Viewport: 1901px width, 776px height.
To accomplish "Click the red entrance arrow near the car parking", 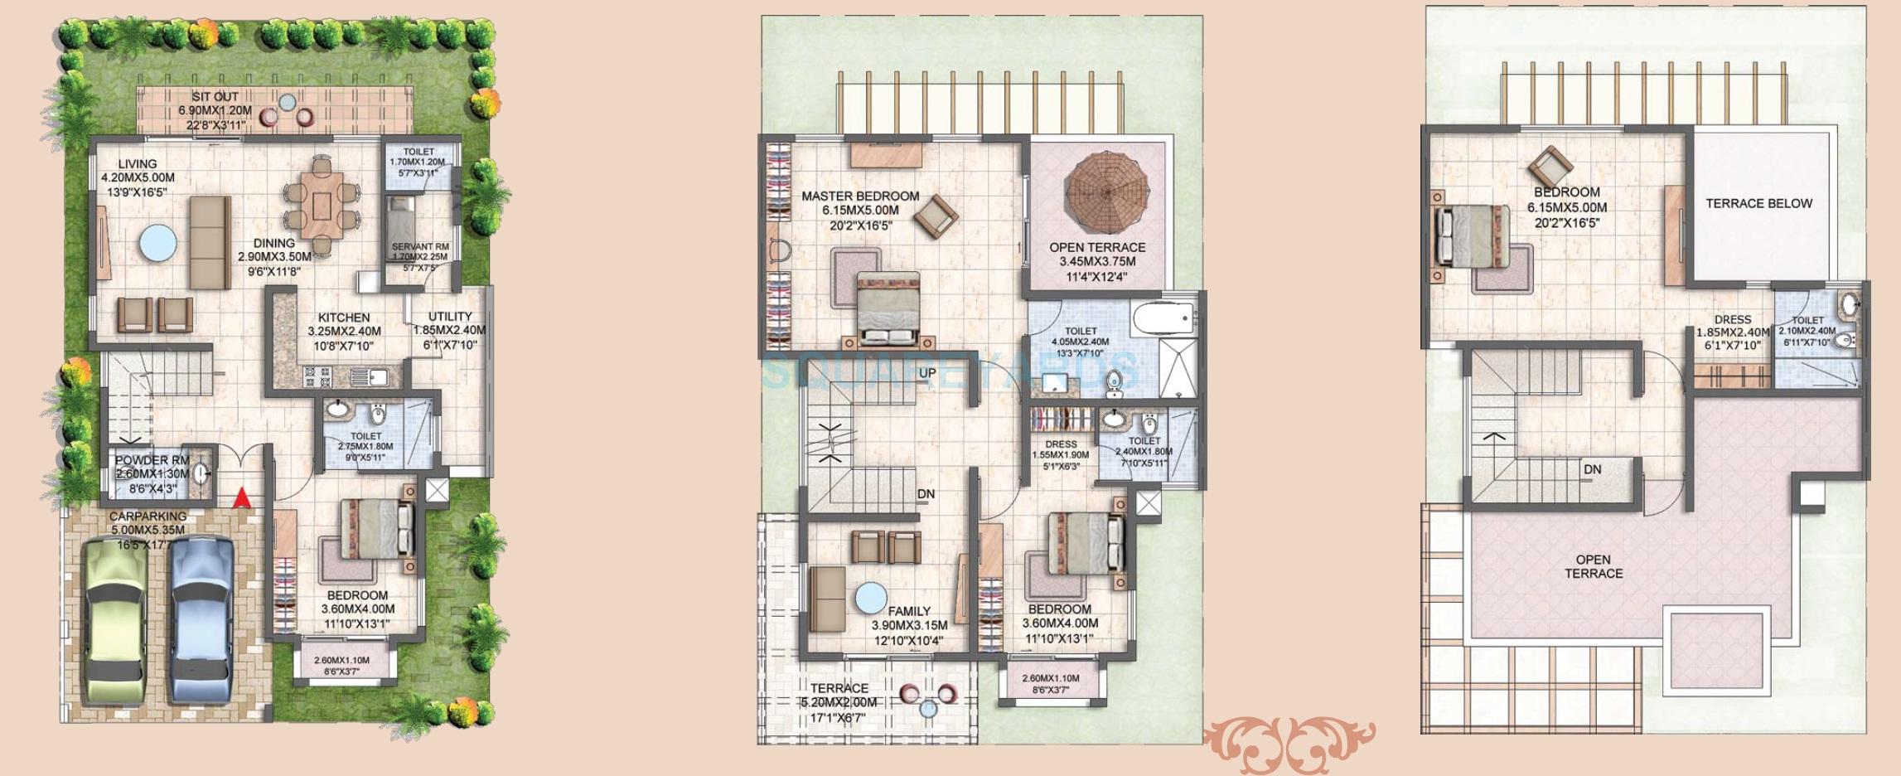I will pyautogui.click(x=241, y=498).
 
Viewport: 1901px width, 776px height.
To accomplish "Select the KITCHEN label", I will pyautogui.click(x=344, y=318).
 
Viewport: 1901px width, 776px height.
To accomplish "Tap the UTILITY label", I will pyautogui.click(x=450, y=317).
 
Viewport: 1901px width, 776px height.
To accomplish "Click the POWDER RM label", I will pyautogui.click(x=152, y=460).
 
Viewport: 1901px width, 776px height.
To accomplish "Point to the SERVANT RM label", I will pyautogui.click(x=420, y=247).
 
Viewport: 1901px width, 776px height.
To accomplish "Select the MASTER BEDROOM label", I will pyautogui.click(x=860, y=196).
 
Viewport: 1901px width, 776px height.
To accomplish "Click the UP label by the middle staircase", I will pyautogui.click(x=927, y=373).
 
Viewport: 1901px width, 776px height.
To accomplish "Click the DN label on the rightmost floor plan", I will pyautogui.click(x=1592, y=469).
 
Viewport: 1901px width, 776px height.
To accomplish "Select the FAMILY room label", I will pyautogui.click(x=909, y=611).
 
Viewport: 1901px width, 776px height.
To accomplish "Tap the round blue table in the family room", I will pyautogui.click(x=871, y=599).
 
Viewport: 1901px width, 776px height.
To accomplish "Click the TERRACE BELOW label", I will pyautogui.click(x=1758, y=203).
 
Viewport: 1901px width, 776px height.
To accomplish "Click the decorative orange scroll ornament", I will pyautogui.click(x=1289, y=744).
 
